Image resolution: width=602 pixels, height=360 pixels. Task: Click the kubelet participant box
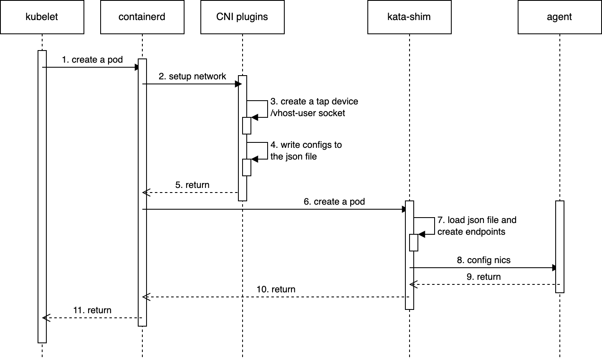42,17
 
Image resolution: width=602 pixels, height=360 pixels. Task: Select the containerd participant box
142,17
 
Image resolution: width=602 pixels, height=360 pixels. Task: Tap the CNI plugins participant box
242,17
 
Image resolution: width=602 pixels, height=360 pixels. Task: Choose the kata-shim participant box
409,17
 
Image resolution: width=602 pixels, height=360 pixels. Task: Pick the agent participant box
559,17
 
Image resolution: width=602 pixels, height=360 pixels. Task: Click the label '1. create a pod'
92,60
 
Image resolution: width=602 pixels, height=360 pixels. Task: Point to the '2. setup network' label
192,76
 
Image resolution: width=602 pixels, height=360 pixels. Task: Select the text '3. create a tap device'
314,101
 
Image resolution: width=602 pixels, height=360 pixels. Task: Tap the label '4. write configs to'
306,145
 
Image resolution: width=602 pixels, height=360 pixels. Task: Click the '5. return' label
192,185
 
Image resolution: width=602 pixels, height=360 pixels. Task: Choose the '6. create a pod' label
334,202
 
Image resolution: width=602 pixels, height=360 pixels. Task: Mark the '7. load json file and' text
477,220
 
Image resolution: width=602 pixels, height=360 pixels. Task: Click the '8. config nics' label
483,260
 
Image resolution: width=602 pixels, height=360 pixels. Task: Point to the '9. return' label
483,277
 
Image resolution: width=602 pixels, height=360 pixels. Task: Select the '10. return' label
276,289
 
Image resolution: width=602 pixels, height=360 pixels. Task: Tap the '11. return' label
92,310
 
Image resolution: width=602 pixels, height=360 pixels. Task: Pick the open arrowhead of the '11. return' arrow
46,318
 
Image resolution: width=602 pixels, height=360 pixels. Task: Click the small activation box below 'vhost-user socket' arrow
247,125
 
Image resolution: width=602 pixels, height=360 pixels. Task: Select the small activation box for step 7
413,243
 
